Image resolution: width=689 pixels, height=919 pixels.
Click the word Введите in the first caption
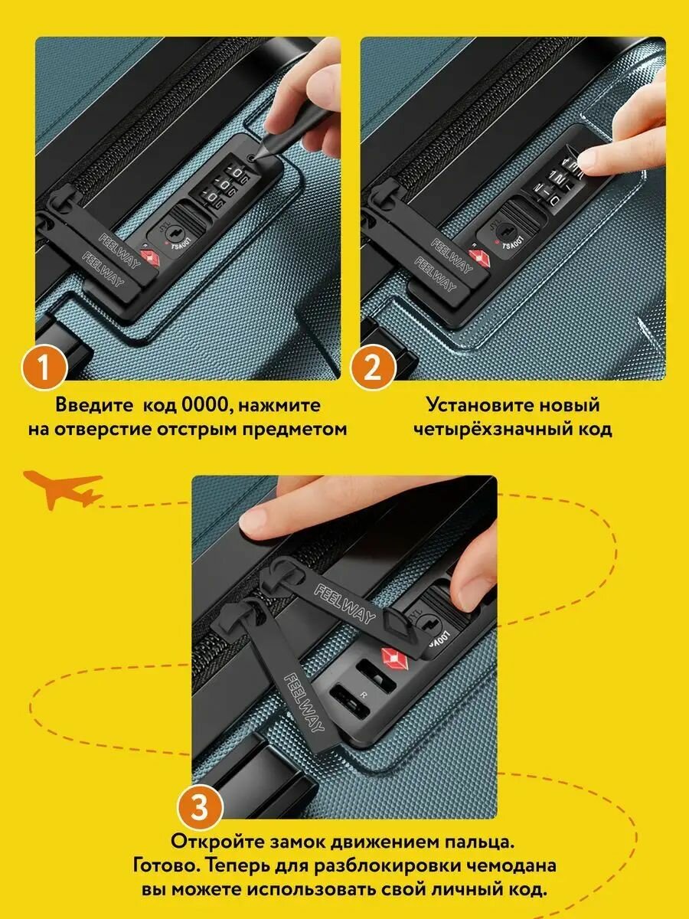point(93,405)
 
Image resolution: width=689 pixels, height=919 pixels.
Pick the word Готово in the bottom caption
point(166,865)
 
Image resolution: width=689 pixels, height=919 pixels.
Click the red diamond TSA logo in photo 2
point(476,257)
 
